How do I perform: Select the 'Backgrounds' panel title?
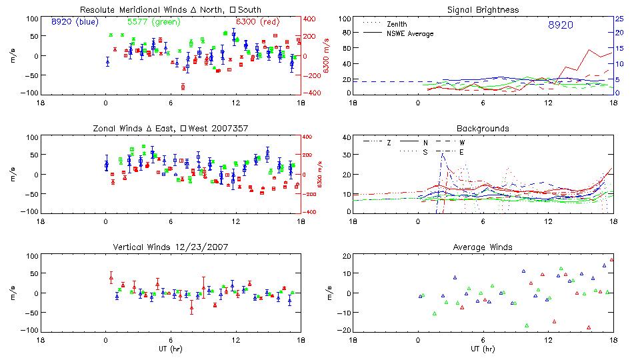[x=483, y=128]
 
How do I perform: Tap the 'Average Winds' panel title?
[x=483, y=247]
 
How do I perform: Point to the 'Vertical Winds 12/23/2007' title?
[x=171, y=247]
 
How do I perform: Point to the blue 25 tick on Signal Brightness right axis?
[x=619, y=19]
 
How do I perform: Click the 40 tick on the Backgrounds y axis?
[x=345, y=138]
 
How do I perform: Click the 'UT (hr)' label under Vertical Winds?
[x=171, y=349]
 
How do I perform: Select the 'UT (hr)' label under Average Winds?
[x=483, y=349]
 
